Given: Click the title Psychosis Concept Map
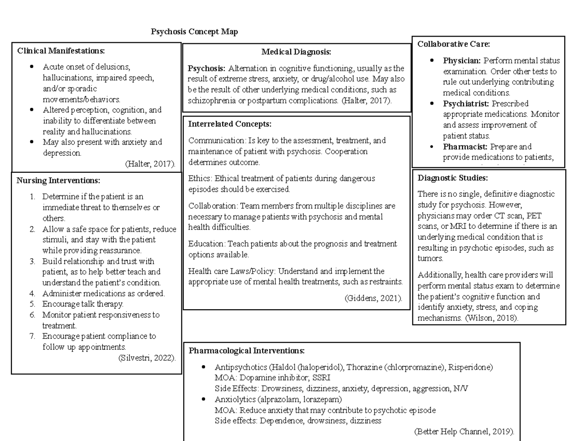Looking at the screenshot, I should click(x=194, y=32).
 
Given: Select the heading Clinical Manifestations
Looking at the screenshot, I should click(x=60, y=50).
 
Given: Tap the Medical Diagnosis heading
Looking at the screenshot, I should click(x=296, y=52).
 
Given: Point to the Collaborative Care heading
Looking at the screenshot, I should click(x=453, y=44).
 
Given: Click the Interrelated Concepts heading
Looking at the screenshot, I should click(x=230, y=124).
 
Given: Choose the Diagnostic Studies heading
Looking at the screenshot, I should click(x=453, y=178).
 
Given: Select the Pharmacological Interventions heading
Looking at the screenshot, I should click(x=246, y=351).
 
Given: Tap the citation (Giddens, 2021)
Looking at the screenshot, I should click(x=373, y=298).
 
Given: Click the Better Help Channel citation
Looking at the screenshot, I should click(x=464, y=432).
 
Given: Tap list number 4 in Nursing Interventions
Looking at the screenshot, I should click(x=32, y=294).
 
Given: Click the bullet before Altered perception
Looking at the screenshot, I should click(x=31, y=110).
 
